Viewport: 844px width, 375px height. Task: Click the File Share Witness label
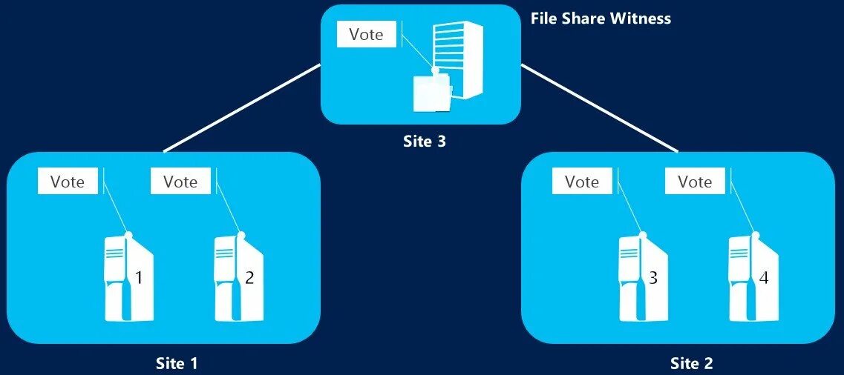click(601, 19)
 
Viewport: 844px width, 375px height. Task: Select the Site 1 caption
click(177, 363)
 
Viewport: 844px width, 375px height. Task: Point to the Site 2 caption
click(691, 363)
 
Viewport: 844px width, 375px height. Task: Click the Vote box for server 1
click(68, 182)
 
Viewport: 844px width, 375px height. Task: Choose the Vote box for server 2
click(180, 182)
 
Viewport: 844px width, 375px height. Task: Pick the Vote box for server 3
click(582, 182)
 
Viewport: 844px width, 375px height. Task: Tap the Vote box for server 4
click(695, 182)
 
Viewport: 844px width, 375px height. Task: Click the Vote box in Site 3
click(367, 35)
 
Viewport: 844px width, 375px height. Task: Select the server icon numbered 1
click(128, 277)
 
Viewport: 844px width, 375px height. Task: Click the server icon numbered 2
click(238, 277)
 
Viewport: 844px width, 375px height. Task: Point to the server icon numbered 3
click(641, 277)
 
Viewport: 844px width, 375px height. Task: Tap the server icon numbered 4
click(752, 277)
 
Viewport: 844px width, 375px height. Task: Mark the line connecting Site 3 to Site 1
click(242, 108)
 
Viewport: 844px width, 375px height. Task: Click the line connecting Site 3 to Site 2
click(600, 108)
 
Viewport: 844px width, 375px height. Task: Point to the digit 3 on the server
click(654, 278)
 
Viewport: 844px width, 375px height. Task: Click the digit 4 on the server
click(764, 278)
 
